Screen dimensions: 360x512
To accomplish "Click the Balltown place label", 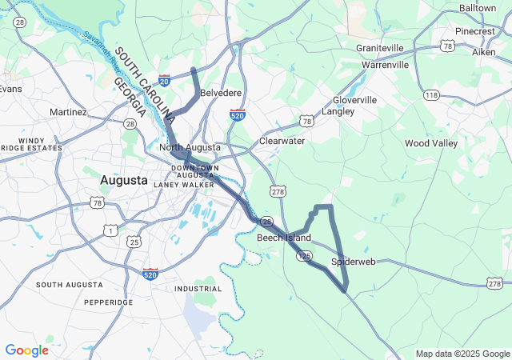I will (x=478, y=7).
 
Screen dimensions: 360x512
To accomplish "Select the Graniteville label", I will (x=380, y=48).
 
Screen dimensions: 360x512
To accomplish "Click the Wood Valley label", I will (x=431, y=143).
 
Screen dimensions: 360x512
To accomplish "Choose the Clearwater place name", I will (x=282, y=141).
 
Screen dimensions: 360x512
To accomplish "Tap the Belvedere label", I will (x=221, y=93).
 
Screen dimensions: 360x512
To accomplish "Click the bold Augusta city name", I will (x=123, y=181).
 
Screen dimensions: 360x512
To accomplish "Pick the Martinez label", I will (x=68, y=112).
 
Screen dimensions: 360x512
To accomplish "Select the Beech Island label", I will (x=284, y=238).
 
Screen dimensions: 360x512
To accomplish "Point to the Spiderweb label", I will (x=353, y=262).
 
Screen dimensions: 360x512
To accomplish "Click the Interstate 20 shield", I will (x=164, y=80).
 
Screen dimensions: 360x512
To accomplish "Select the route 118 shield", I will (x=432, y=95).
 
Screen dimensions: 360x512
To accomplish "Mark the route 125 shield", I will (x=303, y=254).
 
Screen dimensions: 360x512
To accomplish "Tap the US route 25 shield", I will (x=134, y=241).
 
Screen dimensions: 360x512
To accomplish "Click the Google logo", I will (x=26, y=350).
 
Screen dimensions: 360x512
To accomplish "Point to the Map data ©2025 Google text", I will (x=462, y=354).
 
